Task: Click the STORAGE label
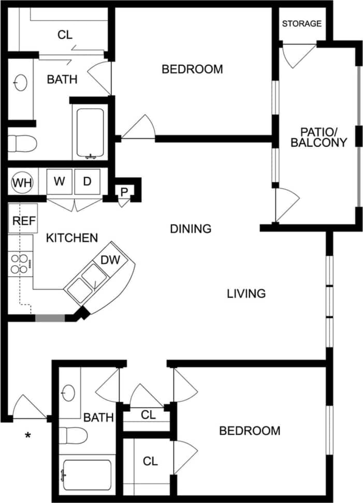pos(302,23)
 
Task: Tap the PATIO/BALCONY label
pos(318,137)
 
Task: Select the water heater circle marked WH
pos(22,182)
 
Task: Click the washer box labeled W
pos(60,182)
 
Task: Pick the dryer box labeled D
pos(87,182)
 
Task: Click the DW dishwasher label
pos(110,260)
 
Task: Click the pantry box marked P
pos(124,192)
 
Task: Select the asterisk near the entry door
pos(28,436)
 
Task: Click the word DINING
pos(191,228)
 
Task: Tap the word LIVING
pos(246,294)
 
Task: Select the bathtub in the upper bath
pos(90,133)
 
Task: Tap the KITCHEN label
pos(72,238)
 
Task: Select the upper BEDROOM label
pos(192,69)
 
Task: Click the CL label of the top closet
pos(65,35)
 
